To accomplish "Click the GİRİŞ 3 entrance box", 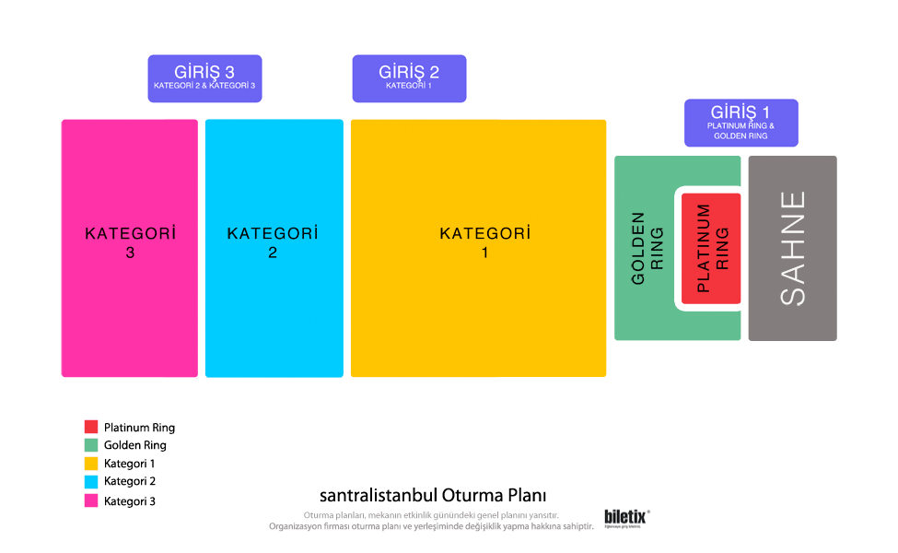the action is [204, 77].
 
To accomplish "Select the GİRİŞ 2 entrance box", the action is [409, 77].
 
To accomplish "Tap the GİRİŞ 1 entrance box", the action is [741, 123].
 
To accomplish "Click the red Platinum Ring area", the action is [711, 249].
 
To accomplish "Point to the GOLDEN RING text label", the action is [647, 248].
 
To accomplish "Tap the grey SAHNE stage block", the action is [792, 248].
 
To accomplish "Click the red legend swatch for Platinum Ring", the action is [91, 427].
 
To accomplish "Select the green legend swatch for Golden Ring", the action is [91, 445].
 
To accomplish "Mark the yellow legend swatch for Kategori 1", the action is [91, 464].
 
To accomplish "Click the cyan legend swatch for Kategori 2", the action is [91, 481].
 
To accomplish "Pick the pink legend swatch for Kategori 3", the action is [91, 501].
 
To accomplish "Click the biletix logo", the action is [626, 518].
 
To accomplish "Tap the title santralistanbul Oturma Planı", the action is [433, 495].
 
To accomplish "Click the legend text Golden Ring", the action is [135, 445].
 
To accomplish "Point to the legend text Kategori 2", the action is [130, 481].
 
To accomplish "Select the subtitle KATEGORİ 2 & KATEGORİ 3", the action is [204, 87].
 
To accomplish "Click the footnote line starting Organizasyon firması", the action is [430, 526].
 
